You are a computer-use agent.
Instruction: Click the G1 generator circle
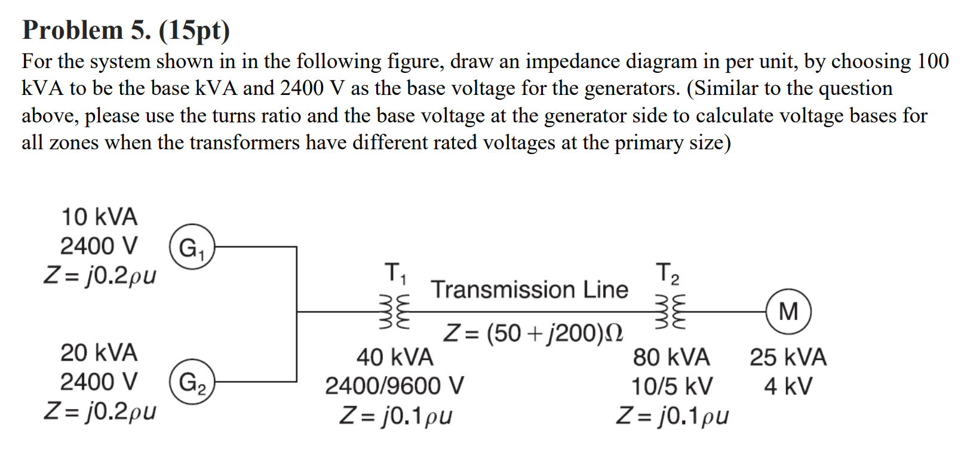192,247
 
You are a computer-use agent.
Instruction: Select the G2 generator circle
192,382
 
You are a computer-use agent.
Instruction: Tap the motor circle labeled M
788,311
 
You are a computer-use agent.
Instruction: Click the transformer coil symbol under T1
395,311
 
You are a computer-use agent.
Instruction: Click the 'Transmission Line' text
529,290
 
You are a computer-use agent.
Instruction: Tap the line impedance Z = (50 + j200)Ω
533,333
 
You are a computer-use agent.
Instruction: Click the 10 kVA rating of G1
99,217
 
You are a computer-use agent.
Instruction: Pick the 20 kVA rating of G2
99,353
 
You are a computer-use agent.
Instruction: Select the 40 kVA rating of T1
395,358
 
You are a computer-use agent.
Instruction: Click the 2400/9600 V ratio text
394,386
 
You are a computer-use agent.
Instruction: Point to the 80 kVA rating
671,358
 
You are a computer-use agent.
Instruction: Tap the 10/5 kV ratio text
672,386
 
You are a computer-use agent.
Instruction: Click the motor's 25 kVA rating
788,358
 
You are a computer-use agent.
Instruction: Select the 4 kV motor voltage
788,386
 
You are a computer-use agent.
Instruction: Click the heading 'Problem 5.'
87,30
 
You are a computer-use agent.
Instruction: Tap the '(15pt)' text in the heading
194,30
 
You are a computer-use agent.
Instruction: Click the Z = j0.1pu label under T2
672,416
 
